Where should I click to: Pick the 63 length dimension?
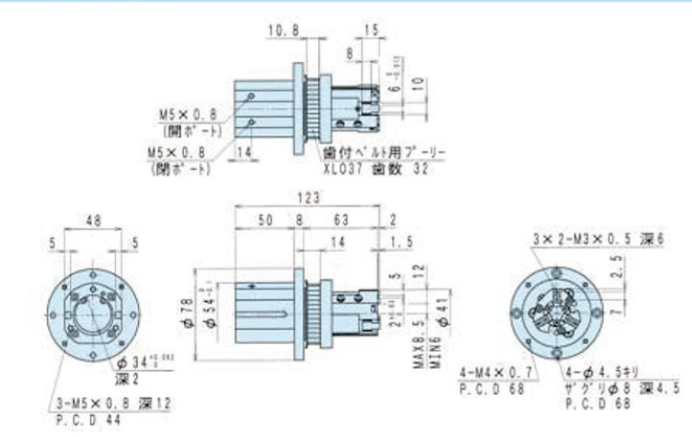(342, 219)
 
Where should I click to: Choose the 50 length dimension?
(265, 219)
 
